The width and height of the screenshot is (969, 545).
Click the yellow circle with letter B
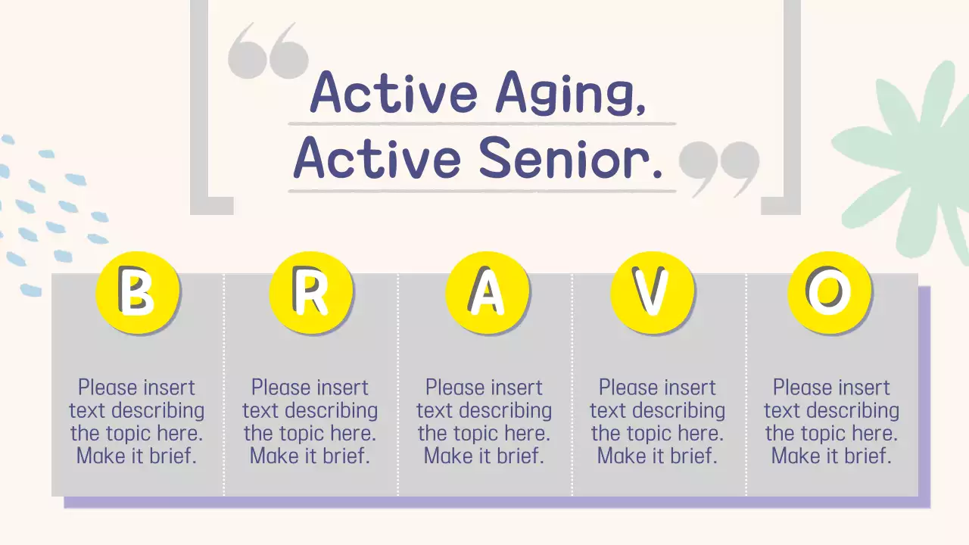137,293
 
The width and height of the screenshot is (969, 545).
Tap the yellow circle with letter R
311,293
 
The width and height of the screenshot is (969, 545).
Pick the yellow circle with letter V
652,293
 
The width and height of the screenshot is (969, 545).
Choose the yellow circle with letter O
829,293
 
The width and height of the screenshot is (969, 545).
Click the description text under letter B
137,422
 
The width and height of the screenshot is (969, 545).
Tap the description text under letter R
310,422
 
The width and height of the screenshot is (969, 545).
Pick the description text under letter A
484,422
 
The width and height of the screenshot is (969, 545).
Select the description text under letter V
657,422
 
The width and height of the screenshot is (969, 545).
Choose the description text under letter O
831,422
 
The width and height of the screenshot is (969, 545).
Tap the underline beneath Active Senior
481,191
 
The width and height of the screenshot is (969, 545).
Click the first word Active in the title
394,92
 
